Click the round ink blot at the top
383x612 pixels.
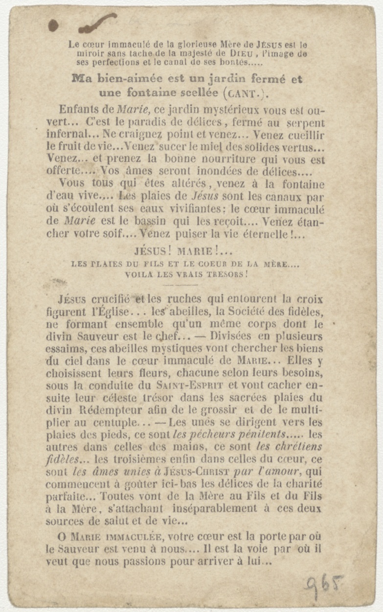[x=53, y=25]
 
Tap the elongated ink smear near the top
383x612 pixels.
[x=98, y=23]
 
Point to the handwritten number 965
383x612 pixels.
[x=323, y=585]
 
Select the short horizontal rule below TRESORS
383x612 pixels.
[x=180, y=284]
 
